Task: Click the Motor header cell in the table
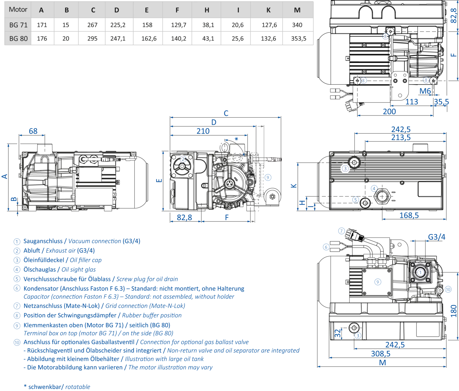point(18,9)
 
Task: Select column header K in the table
point(268,10)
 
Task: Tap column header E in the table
point(147,10)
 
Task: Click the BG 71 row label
point(18,25)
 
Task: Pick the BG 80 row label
point(18,38)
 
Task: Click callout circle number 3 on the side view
point(345,168)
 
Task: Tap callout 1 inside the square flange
point(420,272)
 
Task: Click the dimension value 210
point(203,131)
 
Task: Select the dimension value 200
point(389,111)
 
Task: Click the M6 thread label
point(425,91)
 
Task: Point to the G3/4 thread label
point(436,237)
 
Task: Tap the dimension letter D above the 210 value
point(214,122)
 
